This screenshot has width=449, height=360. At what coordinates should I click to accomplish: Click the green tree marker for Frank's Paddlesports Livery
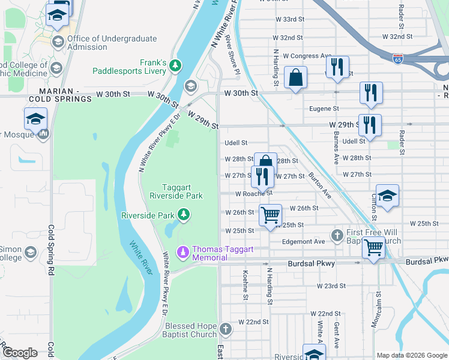click(x=175, y=65)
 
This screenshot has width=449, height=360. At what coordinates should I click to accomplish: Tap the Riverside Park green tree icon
click(x=184, y=215)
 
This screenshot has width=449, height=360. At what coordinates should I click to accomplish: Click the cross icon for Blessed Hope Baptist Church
click(x=225, y=329)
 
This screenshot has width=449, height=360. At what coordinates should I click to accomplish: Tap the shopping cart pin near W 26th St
click(x=270, y=214)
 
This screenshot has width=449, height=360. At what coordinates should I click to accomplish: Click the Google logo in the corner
click(x=20, y=352)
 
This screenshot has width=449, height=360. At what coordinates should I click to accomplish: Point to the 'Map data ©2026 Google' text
click(x=411, y=355)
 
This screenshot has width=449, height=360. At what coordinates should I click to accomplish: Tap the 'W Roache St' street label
click(x=253, y=194)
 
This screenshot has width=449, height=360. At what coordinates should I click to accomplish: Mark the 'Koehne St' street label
click(x=246, y=284)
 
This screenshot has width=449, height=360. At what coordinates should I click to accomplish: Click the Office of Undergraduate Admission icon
click(x=58, y=41)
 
